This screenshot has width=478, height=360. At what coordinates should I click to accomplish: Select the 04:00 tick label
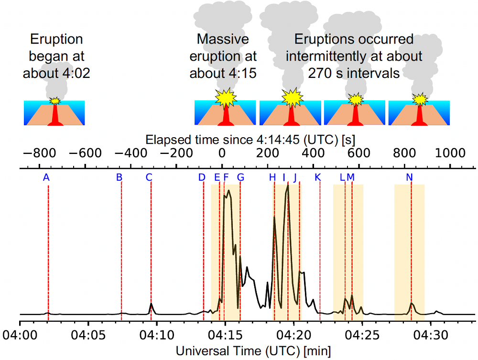coord(20,333)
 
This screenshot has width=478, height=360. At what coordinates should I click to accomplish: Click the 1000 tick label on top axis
coord(449,153)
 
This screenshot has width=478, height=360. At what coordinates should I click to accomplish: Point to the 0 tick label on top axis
coord(222,153)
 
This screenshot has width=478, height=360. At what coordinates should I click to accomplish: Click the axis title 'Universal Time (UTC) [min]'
coord(253,350)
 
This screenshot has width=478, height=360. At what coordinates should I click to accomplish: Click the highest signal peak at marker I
coord(288,185)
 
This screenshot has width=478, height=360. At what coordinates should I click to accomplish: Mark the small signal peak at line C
coord(151,304)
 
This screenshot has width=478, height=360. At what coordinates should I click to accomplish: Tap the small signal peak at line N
coord(412,304)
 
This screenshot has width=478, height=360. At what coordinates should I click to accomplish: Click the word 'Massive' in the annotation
coord(223,39)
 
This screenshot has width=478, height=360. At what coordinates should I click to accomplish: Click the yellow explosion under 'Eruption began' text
coord(55,101)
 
